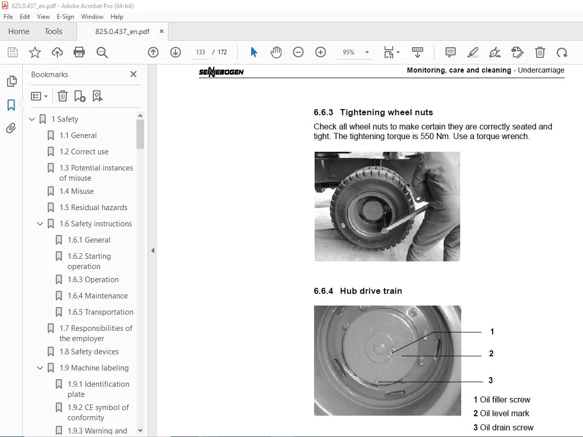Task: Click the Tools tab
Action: pyautogui.click(x=53, y=31)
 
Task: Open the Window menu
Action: pyautogui.click(x=92, y=16)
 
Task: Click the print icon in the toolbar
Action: pyautogui.click(x=79, y=52)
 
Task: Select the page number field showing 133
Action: pyautogui.click(x=200, y=52)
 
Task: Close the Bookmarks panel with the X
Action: pyautogui.click(x=133, y=74)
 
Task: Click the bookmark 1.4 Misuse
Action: pyautogui.click(x=76, y=191)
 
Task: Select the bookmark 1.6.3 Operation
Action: pyautogui.click(x=93, y=280)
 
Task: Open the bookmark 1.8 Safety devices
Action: pyautogui.click(x=89, y=352)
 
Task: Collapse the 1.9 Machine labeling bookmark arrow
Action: pyautogui.click(x=40, y=368)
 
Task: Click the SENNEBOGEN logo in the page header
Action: pyautogui.click(x=221, y=72)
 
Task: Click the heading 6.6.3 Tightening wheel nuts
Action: pyautogui.click(x=373, y=112)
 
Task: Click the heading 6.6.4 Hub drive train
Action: pyautogui.click(x=358, y=291)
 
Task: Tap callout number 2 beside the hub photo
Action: pyautogui.click(x=491, y=353)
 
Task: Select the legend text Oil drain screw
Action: pyautogui.click(x=506, y=427)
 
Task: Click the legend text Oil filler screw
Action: pyautogui.click(x=505, y=399)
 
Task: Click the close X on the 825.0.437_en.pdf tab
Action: pyautogui.click(x=161, y=31)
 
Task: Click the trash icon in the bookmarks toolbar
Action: pyautogui.click(x=62, y=96)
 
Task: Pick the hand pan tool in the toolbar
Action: pyautogui.click(x=276, y=52)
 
